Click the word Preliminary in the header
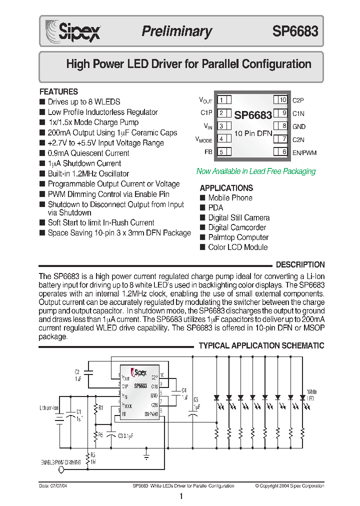176,31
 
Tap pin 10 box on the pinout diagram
281,100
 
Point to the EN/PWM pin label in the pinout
304,152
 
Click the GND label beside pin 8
299,126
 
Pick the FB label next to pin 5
208,152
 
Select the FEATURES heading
58,92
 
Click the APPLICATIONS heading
226,188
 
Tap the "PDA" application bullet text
215,207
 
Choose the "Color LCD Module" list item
237,247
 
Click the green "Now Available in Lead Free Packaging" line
256,171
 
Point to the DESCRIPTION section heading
300,264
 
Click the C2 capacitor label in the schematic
77,372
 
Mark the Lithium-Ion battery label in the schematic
49,408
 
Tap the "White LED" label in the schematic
312,394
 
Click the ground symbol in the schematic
146,456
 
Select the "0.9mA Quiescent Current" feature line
88,153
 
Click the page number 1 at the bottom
181,496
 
